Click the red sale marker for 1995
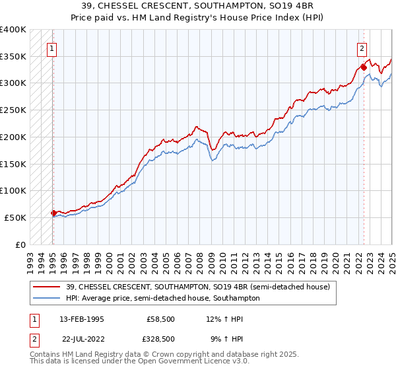[53, 213]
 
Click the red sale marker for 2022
[364, 67]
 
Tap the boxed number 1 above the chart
[51, 48]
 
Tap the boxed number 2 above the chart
[362, 48]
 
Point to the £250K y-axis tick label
[13, 110]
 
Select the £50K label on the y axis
[16, 217]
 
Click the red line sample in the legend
[47, 287]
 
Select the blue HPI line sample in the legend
[47, 298]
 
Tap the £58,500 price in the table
[161, 319]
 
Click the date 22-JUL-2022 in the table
[81, 339]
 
